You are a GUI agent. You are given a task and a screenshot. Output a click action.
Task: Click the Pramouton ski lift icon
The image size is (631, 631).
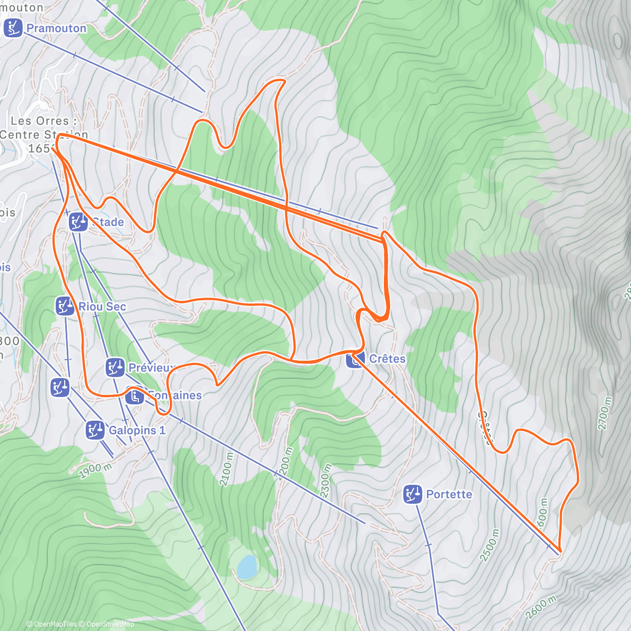click(x=13, y=28)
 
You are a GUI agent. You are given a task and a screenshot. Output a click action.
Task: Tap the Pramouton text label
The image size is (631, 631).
click(x=56, y=28)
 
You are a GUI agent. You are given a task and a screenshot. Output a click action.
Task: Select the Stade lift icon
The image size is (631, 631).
click(x=78, y=222)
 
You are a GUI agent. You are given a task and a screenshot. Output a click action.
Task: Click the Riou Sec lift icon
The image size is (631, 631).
click(x=65, y=306)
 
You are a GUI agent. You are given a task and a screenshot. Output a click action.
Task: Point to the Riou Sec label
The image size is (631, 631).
click(x=102, y=307)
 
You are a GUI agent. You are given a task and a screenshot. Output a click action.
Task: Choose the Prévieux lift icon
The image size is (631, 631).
click(x=115, y=367)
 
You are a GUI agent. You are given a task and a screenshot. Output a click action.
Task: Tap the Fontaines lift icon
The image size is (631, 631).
click(x=135, y=395)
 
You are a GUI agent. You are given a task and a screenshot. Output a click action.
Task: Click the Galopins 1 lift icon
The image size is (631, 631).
click(x=95, y=430)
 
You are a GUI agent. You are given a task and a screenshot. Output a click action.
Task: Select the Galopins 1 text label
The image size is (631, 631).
click(x=137, y=431)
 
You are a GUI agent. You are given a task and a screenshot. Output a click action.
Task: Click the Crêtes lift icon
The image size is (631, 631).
click(x=355, y=359)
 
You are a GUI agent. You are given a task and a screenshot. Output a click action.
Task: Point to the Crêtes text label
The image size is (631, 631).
click(x=387, y=359)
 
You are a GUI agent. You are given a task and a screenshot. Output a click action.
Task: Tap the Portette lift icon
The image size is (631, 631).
click(x=413, y=494)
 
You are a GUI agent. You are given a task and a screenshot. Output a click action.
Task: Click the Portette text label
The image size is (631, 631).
click(x=449, y=495)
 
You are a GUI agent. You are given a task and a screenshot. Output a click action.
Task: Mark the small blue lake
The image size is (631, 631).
click(x=246, y=567)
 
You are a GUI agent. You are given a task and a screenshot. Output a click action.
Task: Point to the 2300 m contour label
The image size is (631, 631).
click(x=325, y=481)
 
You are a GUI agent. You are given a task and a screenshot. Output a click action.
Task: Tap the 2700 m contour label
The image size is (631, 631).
click(x=605, y=413)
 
